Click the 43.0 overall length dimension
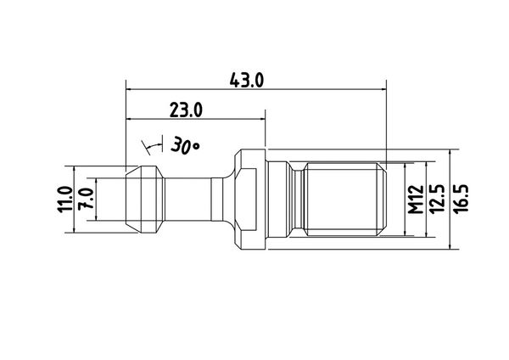click(x=246, y=81)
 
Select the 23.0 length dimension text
click(x=186, y=110)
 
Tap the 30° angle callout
click(x=185, y=145)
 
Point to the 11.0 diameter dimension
click(x=64, y=200)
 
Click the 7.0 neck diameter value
click(x=87, y=199)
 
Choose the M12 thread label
click(x=416, y=200)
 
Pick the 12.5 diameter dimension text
click(x=437, y=199)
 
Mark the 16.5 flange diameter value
click(x=461, y=199)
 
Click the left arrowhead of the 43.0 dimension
click(x=129, y=88)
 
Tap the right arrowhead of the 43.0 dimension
click(x=383, y=88)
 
